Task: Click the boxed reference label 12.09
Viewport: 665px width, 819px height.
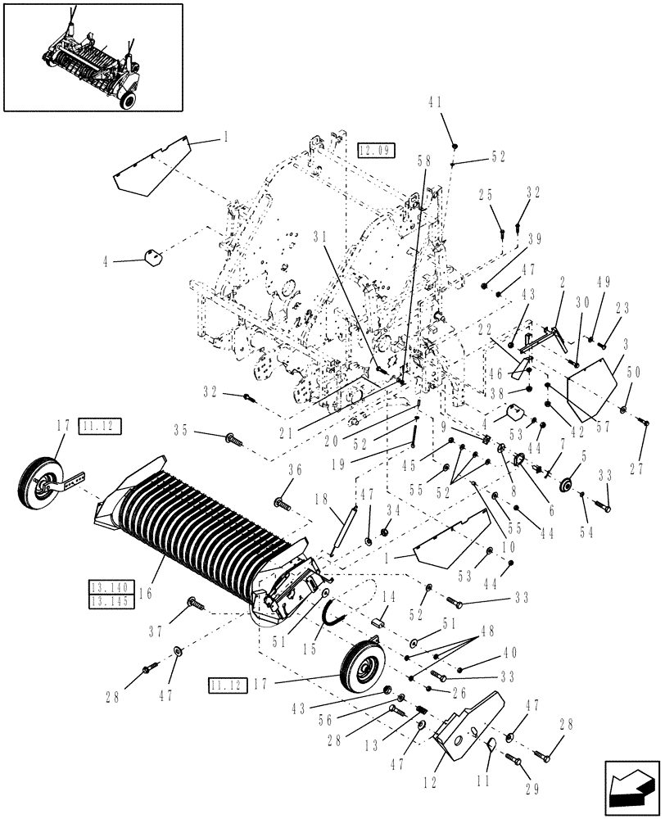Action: [x=376, y=150]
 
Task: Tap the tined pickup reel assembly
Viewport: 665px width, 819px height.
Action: [x=205, y=532]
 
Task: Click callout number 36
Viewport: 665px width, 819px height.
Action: [x=294, y=469]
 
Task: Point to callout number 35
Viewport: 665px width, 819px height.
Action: [x=181, y=428]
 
